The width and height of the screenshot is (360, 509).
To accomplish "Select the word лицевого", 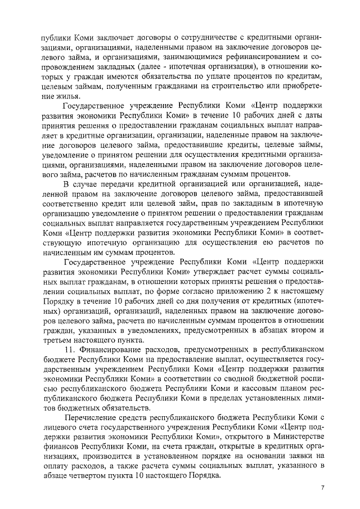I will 58,428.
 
